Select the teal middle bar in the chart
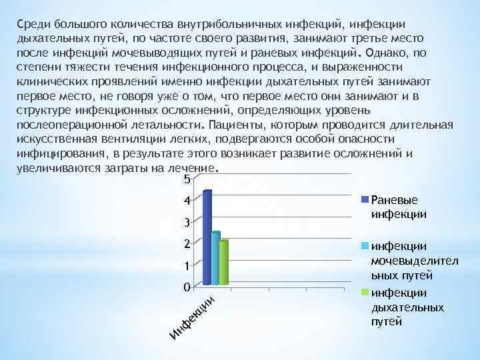pyautogui.click(x=215, y=259)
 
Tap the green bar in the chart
pyautogui.click(x=224, y=263)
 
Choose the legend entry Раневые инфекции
pyautogui.click(x=399, y=206)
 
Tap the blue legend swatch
pyautogui.click(x=365, y=199)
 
